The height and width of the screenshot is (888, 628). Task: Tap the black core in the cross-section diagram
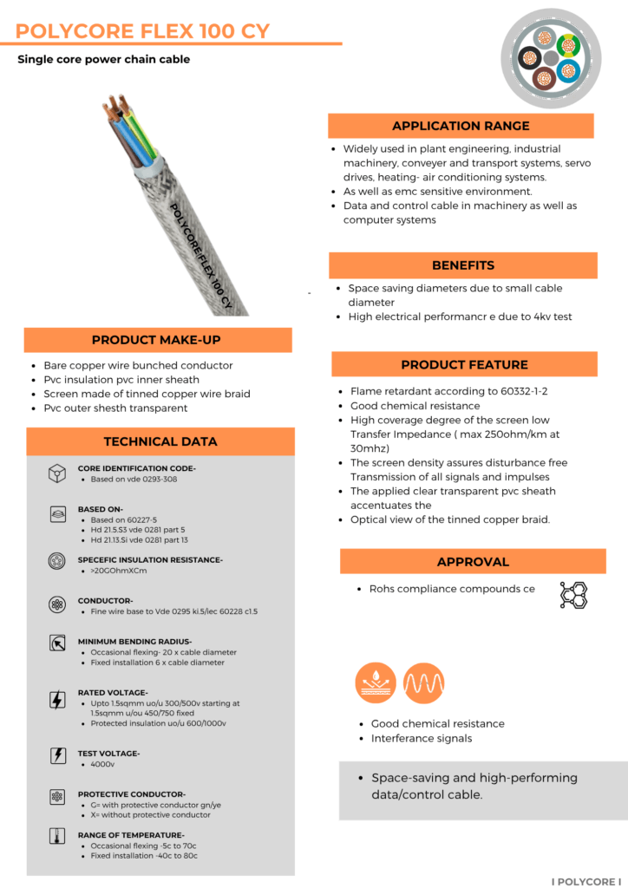[x=528, y=59]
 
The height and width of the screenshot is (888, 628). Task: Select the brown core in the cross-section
[x=544, y=78]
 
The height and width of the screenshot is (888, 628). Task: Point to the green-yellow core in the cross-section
[x=568, y=44]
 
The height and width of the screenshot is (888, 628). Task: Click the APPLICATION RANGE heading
[x=461, y=126]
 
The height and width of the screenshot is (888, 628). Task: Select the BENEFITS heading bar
[x=463, y=265]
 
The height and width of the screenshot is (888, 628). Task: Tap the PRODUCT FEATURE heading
[x=464, y=364]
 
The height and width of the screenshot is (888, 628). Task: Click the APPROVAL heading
[x=473, y=561]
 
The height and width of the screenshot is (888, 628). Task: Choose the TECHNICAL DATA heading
[x=160, y=441]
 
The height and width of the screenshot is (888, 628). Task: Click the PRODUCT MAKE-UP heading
[x=158, y=340]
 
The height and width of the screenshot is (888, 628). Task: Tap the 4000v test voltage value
[x=102, y=765]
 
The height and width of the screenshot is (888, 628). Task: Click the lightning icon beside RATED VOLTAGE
[x=57, y=699]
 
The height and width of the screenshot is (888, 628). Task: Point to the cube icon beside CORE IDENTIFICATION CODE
[x=57, y=473]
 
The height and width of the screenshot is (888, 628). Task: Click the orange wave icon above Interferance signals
[x=424, y=683]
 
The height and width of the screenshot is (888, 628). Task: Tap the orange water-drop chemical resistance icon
[x=376, y=683]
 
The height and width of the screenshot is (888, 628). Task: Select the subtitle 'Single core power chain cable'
[x=103, y=60]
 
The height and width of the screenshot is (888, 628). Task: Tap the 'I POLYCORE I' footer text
[x=587, y=881]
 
